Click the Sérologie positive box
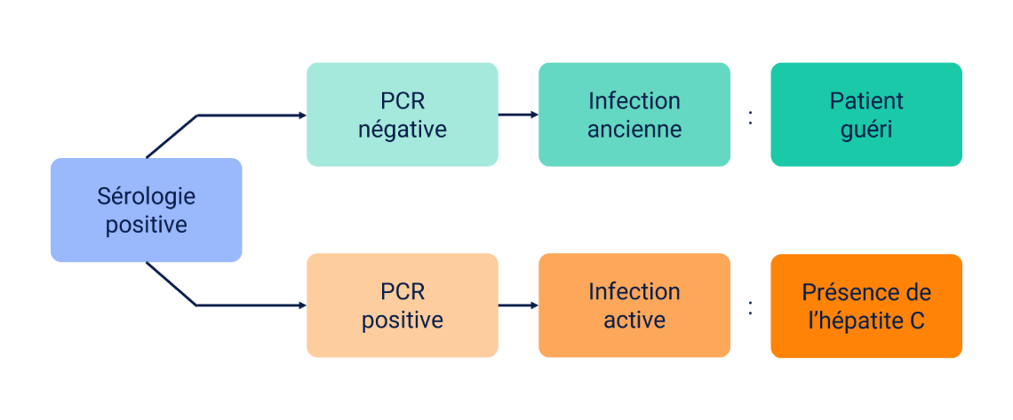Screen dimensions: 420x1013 146,210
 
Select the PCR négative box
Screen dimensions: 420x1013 402,115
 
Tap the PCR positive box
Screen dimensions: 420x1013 402,305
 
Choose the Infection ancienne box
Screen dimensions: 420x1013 634,115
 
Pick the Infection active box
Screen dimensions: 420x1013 634,305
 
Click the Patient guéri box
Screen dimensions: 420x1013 865,115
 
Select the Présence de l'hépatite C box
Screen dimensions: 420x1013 865,305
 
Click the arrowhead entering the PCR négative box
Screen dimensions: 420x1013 301,115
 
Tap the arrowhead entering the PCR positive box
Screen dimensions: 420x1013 301,305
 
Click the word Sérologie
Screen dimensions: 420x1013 146,196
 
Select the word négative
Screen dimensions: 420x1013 402,130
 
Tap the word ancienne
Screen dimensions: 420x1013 634,130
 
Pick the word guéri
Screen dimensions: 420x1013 865,130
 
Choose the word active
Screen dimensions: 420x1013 634,321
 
